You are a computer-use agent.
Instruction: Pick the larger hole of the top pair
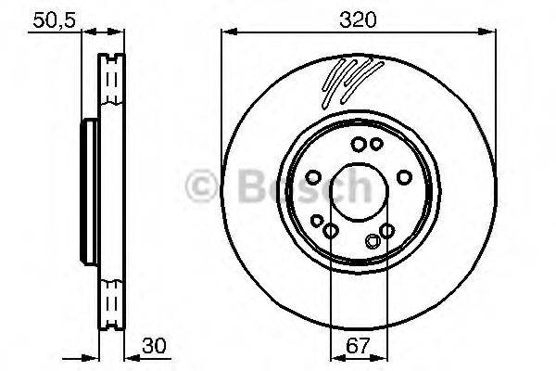pyautogui.click(x=359, y=144)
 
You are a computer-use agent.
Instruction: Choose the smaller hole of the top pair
pyautogui.click(x=375, y=144)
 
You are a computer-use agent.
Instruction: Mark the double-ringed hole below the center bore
pyautogui.click(x=373, y=242)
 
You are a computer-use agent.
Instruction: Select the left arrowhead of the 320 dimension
pyautogui.click(x=227, y=32)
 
